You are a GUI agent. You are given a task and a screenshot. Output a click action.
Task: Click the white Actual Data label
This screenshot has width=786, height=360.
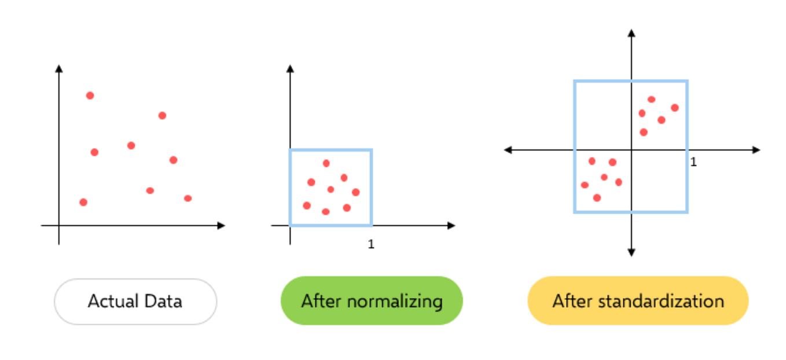[135, 302]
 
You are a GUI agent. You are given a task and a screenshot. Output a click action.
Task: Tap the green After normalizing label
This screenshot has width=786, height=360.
[371, 301]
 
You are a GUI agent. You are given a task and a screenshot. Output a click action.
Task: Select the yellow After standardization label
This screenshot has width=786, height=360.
[638, 301]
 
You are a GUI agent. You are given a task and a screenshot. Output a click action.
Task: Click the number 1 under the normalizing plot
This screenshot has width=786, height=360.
[371, 244]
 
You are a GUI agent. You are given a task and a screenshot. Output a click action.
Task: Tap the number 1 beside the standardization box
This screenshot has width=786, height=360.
[693, 163]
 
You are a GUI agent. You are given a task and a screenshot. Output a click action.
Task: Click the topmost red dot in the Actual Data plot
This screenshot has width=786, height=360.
[90, 95]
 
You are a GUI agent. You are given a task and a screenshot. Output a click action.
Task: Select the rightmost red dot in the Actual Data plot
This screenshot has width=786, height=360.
[188, 198]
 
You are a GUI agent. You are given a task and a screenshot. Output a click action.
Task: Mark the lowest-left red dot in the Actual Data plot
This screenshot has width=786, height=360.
[83, 202]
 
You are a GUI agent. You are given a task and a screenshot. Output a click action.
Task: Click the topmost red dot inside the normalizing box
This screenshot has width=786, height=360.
[326, 163]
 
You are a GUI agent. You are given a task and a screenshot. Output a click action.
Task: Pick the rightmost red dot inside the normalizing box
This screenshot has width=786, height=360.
[355, 192]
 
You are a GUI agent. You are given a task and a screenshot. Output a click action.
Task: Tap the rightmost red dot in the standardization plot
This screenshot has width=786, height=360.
[674, 108]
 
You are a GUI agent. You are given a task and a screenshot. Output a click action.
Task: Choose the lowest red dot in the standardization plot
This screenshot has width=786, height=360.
[597, 198]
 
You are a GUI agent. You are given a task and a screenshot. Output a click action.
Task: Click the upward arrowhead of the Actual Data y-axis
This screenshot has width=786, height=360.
[58, 68]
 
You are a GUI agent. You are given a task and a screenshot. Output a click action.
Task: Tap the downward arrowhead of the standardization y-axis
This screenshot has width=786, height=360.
[631, 252]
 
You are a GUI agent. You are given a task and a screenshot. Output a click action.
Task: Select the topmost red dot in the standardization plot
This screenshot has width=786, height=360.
[651, 100]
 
